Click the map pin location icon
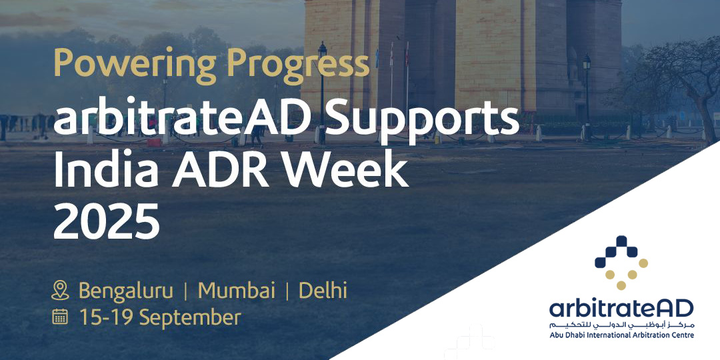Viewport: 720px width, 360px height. tap(61, 291)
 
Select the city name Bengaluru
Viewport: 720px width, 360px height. tap(126, 291)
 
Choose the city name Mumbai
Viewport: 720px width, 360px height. tap(237, 291)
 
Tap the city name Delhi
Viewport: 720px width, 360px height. tap(323, 291)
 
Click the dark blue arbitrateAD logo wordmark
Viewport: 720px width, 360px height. tap(621, 309)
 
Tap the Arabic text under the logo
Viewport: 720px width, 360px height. tap(621, 325)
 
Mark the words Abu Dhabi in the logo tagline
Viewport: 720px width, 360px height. tap(567, 334)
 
